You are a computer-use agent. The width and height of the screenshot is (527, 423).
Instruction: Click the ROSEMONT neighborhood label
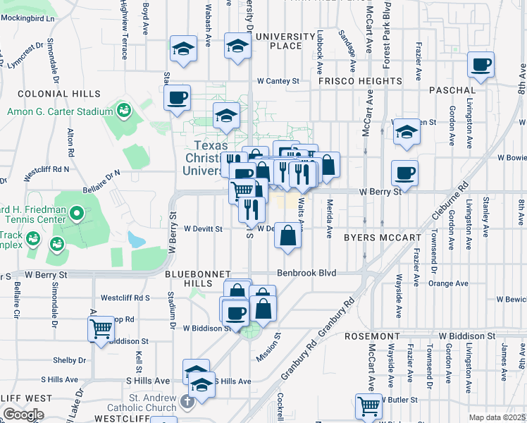coord(373,337)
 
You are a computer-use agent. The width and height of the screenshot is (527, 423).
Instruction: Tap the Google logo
coord(23,415)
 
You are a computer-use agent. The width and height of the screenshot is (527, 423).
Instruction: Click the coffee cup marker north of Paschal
coord(482,66)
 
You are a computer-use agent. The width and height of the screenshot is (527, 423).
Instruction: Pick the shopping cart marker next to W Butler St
coord(369,406)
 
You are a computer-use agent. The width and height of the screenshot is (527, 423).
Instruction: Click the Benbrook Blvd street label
coord(306,273)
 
